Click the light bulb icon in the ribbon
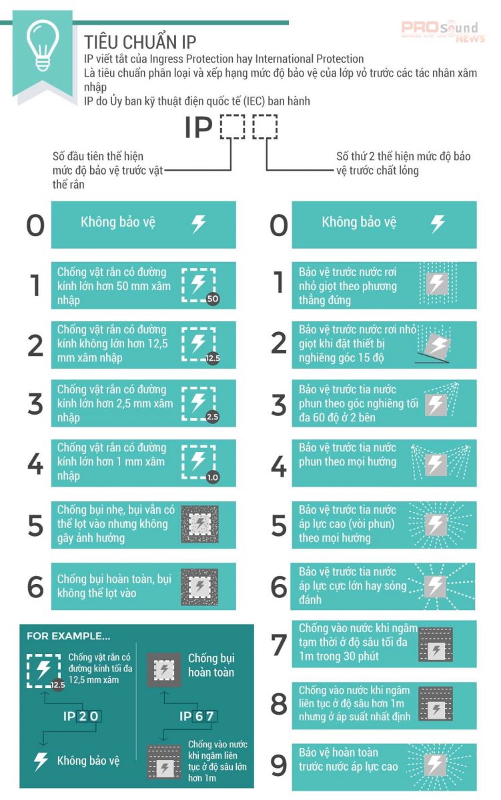point(43,45)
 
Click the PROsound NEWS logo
point(443,31)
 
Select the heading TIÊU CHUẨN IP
point(140,42)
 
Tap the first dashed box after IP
point(232,127)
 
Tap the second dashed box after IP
point(265,127)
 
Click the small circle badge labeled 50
point(213,299)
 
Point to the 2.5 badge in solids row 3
point(213,417)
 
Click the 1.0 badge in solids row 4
point(213,477)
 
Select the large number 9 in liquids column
point(279,765)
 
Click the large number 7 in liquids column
point(279,645)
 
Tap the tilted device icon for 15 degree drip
point(434,346)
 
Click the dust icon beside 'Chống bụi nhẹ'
point(199,524)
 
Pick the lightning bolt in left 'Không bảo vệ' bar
point(198,224)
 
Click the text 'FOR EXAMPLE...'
point(69,636)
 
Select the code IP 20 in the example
point(82,716)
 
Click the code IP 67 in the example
point(198,716)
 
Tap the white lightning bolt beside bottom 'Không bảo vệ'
point(41,761)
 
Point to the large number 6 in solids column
point(35,587)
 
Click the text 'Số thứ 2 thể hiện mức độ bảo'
point(403,157)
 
